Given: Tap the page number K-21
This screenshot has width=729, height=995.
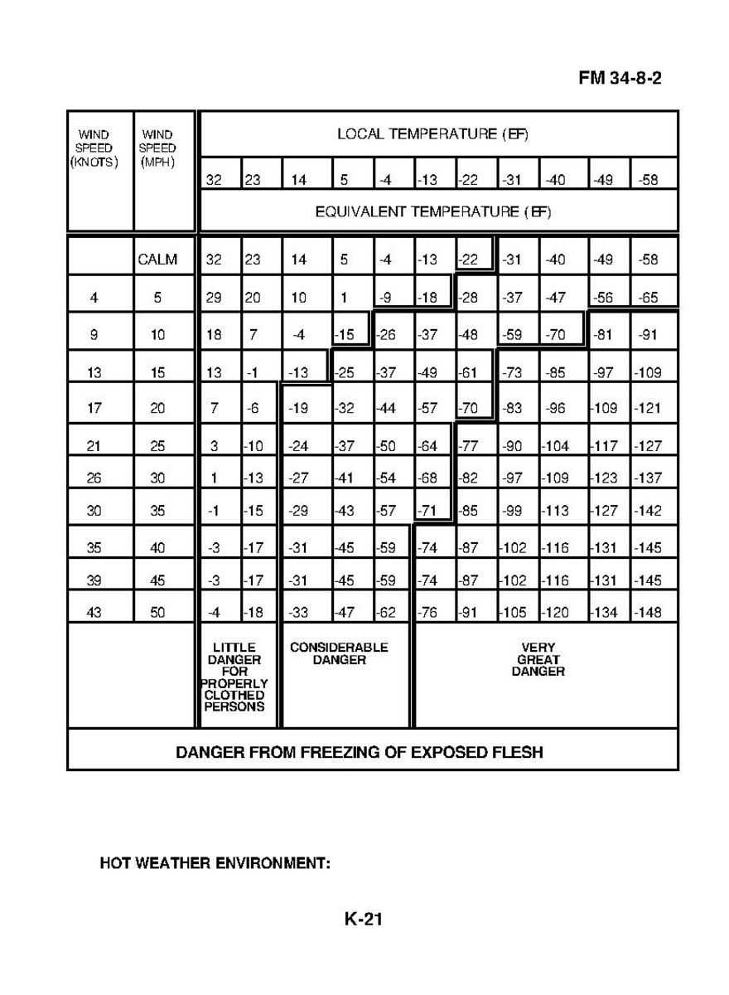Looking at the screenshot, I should point(364,919).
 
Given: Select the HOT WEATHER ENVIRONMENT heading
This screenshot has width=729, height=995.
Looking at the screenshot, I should point(215,863).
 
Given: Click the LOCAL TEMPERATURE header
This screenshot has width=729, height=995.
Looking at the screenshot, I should point(432,133).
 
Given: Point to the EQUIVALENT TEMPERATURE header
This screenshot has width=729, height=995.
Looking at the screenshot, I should point(432,211).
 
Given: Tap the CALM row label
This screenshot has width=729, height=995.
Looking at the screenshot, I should point(157,260).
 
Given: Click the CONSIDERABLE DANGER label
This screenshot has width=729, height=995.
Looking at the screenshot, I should point(339,653).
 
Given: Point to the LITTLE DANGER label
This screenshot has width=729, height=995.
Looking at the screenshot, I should point(234,677).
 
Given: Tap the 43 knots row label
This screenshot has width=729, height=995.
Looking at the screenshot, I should point(94,614).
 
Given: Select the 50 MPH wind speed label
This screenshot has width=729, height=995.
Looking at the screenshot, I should point(157,614).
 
